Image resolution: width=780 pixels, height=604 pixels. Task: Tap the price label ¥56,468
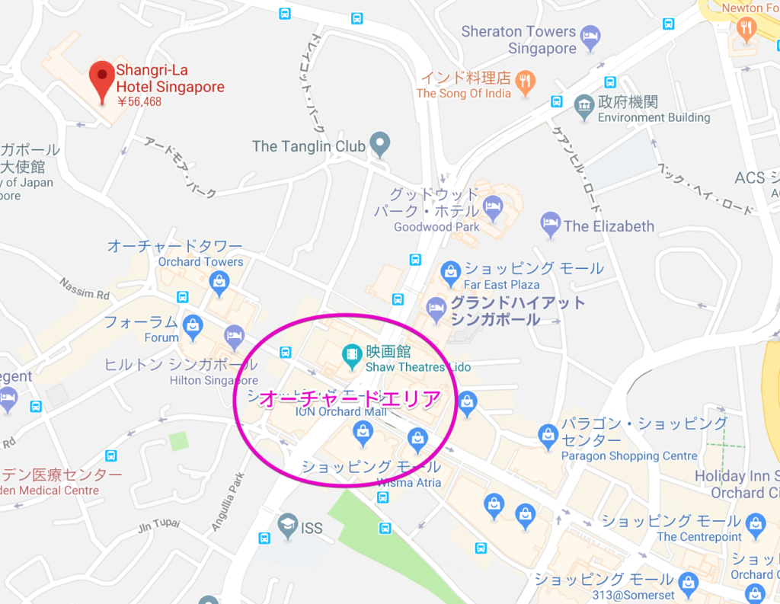[x=139, y=101]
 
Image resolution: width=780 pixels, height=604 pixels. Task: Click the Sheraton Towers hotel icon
[x=590, y=36]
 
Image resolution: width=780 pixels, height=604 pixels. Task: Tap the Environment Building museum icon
[x=584, y=106]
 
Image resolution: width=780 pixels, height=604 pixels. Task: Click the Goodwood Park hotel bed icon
[x=494, y=206]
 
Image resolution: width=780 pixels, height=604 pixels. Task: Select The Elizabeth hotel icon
[x=550, y=224]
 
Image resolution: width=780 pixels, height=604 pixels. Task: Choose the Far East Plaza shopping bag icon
[x=450, y=270]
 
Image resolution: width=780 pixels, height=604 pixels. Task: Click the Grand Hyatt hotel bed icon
[x=436, y=307]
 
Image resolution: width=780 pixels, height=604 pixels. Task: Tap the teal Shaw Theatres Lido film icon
[x=351, y=353]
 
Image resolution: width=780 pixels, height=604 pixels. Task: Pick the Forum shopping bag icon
[x=193, y=325]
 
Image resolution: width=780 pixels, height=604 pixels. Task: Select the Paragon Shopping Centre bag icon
[x=548, y=435]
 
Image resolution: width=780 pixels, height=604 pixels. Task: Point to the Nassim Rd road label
[x=85, y=289]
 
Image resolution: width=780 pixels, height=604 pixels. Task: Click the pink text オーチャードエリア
[x=350, y=399]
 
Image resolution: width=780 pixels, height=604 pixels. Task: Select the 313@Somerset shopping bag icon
[x=689, y=583]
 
